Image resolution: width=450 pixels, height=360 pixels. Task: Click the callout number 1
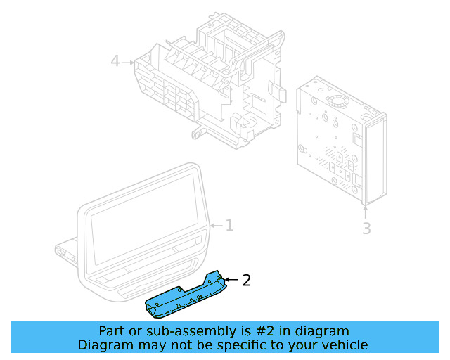pos(229,226)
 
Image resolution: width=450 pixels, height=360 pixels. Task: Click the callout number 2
pos(246,281)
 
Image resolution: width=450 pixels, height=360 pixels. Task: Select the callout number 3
pos(366,229)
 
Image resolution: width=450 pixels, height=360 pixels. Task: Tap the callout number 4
pos(115,62)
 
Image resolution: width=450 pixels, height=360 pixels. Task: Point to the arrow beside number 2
pos(230,281)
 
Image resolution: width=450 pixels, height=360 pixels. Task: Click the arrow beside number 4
pos(128,63)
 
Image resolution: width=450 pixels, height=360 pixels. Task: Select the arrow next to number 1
pos(215,226)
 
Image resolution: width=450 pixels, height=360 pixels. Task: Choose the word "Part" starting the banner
pos(112,331)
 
